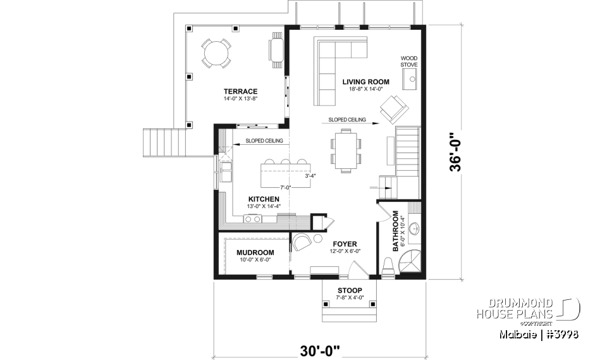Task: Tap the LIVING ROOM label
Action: (x=365, y=82)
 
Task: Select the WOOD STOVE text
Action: (x=409, y=61)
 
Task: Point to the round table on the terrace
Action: (x=216, y=53)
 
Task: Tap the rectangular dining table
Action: (x=345, y=149)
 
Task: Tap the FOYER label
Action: (x=345, y=244)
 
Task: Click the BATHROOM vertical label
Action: (x=396, y=232)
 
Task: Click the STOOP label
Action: (x=350, y=290)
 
